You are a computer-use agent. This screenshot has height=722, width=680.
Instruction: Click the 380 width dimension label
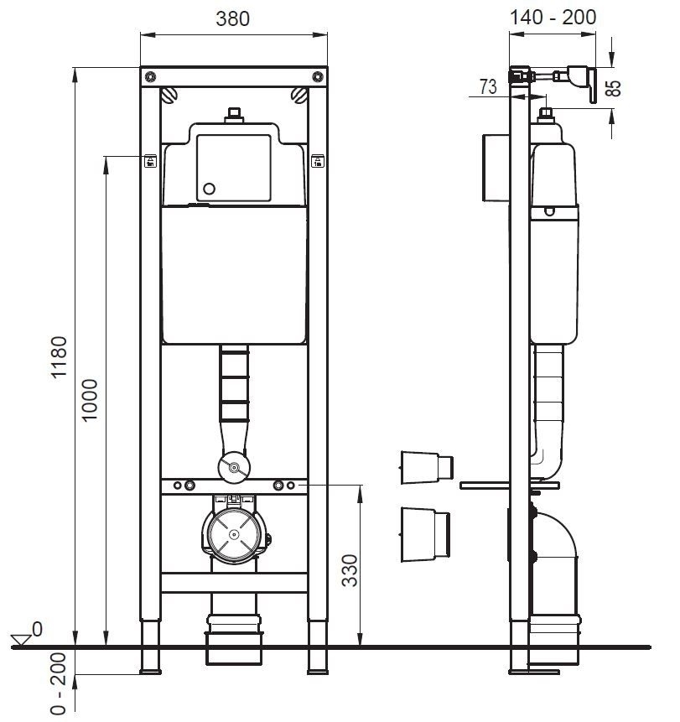point(232,18)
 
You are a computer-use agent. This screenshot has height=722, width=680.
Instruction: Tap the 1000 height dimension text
point(91,401)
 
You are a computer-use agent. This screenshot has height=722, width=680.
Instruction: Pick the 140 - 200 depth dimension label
point(553,17)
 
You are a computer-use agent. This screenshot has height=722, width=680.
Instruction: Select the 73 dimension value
point(488,86)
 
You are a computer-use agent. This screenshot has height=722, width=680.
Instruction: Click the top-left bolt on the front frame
point(149,76)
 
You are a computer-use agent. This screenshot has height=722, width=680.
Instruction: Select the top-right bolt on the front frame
point(317,76)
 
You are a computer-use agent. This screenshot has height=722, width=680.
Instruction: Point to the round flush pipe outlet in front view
point(233,466)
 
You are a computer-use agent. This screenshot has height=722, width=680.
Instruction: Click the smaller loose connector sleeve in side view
point(426,466)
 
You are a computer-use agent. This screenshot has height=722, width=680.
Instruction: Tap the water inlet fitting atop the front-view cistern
point(234,115)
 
